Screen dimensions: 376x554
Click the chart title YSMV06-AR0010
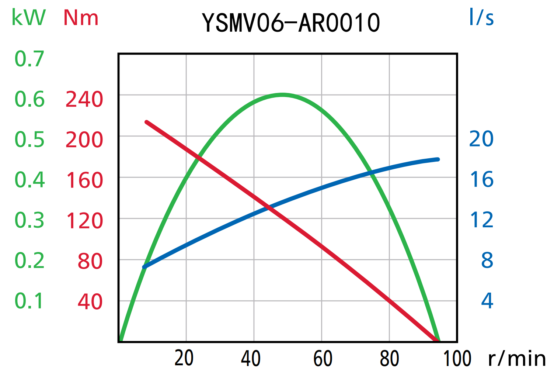pyautogui.click(x=291, y=23)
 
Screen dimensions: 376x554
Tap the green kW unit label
pyautogui.click(x=28, y=17)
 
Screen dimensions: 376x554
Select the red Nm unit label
pyautogui.click(x=81, y=17)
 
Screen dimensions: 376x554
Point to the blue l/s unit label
pyautogui.click(x=481, y=17)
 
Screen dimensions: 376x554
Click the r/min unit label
pyautogui.click(x=517, y=358)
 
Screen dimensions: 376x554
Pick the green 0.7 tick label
pyautogui.click(x=29, y=59)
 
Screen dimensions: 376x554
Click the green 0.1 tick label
pyautogui.click(x=29, y=301)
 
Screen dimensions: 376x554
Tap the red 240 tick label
pyautogui.click(x=84, y=100)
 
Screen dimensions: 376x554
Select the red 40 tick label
pyautogui.click(x=90, y=302)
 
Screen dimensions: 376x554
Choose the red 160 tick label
pyautogui.click(x=84, y=180)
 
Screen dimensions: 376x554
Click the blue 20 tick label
pyautogui.click(x=481, y=139)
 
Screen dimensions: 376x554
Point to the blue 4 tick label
pyautogui.click(x=487, y=301)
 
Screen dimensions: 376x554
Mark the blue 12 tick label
pyautogui.click(x=481, y=220)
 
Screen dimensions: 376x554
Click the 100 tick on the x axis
pyautogui.click(x=457, y=358)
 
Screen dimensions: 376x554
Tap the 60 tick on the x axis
pyautogui.click(x=323, y=358)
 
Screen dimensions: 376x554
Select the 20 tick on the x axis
pyautogui.click(x=184, y=358)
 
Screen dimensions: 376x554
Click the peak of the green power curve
pyautogui.click(x=282, y=95)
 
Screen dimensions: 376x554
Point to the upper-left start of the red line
pyautogui.click(x=147, y=122)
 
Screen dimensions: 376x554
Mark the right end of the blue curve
pyautogui.click(x=438, y=159)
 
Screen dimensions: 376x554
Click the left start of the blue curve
pyautogui.click(x=144, y=267)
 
